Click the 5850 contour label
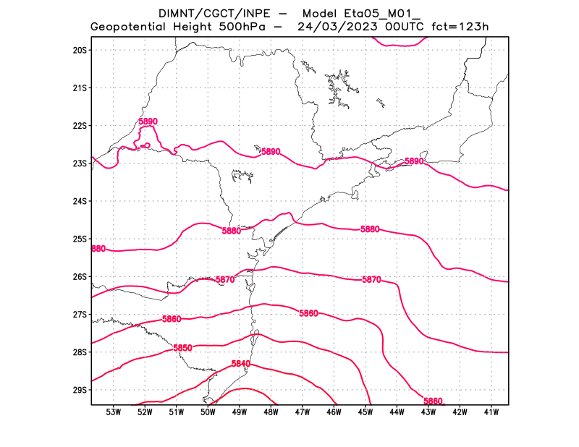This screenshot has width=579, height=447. tap(182, 348)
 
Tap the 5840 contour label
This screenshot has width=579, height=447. tap(241, 363)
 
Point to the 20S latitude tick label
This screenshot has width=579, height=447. tap(80, 50)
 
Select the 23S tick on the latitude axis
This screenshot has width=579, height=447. tap(80, 163)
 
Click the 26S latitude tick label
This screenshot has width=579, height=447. tap(80, 277)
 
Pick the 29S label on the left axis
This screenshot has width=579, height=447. tap(80, 390)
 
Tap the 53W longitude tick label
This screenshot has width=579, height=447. tap(113, 412)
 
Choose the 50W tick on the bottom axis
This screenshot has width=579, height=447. tap(208, 412)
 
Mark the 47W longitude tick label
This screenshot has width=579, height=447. tap(303, 412)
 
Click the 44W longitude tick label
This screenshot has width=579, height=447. tap(397, 412)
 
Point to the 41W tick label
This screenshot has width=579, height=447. tap(491, 412)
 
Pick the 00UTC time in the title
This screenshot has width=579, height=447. tap(400, 27)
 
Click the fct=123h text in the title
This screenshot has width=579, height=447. tap(460, 27)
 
